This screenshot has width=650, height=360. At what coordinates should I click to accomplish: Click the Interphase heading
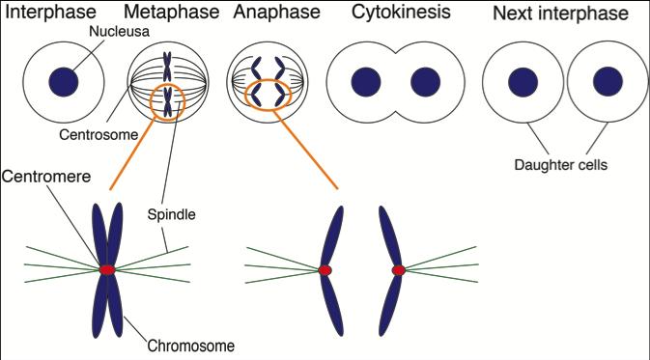[52, 14]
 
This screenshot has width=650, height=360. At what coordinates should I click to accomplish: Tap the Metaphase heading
[168, 14]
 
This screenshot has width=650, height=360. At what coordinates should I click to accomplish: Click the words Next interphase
[560, 14]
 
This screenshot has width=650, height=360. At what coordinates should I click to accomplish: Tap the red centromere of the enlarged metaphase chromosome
[106, 268]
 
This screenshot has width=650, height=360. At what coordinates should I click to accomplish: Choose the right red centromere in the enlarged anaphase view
[398, 270]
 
